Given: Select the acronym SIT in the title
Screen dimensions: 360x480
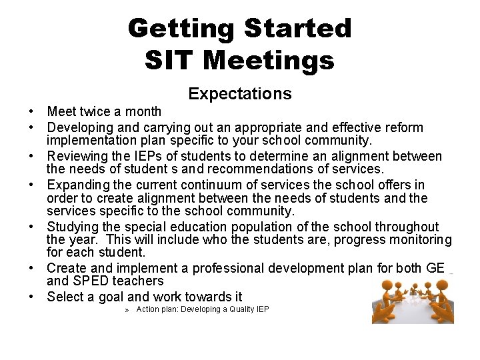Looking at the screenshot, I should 170,60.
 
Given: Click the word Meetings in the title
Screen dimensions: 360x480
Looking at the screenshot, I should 268,60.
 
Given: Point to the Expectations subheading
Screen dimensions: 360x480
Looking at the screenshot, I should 240,94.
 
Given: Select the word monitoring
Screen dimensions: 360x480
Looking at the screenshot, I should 420,240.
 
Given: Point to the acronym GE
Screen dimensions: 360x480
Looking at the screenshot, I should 434,269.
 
